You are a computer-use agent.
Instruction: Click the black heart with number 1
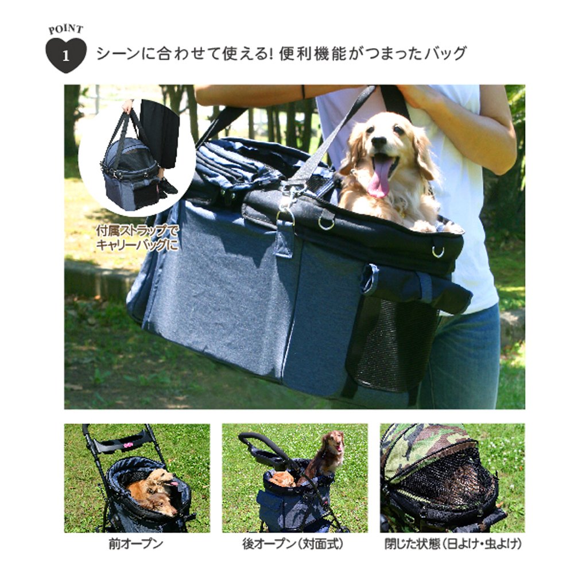point(65,55)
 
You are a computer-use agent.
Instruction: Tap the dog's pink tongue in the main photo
point(378,179)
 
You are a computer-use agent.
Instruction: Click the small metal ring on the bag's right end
point(437,251)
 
